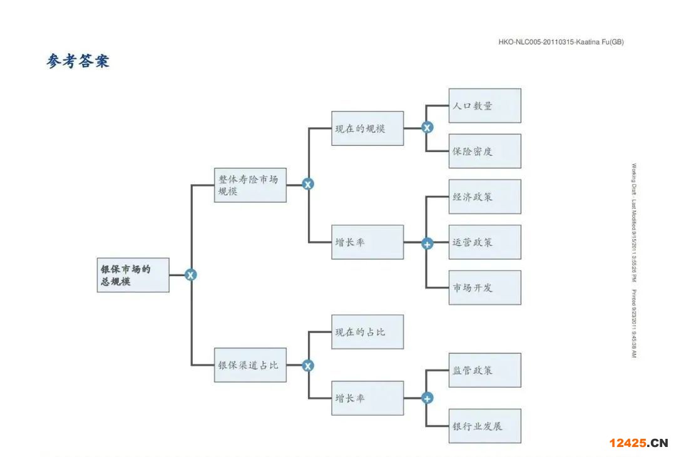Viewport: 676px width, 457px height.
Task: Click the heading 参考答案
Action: [x=78, y=61]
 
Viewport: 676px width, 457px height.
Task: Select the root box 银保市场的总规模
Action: [x=133, y=275]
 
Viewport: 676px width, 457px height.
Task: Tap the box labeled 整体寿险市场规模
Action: [x=250, y=185]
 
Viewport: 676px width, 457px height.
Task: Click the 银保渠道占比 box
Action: [x=250, y=365]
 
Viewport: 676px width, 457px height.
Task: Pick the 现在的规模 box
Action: [x=367, y=128]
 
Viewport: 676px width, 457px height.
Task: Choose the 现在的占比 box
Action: [x=367, y=332]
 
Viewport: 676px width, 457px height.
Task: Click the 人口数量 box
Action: [x=484, y=106]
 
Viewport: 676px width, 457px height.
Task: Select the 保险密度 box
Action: [x=484, y=151]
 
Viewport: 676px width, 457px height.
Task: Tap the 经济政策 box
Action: [x=484, y=197]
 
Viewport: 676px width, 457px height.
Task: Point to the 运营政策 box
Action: [x=484, y=242]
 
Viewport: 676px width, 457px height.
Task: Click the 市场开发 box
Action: [x=484, y=287]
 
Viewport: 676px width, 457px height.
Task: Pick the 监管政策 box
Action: [x=484, y=370]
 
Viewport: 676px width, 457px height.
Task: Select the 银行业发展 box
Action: [x=484, y=426]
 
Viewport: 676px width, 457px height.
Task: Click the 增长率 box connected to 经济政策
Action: [x=367, y=242]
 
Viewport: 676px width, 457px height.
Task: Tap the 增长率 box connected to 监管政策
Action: [x=367, y=398]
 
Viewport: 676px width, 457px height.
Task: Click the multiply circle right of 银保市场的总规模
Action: [x=191, y=275]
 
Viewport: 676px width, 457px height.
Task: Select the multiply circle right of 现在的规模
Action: [x=427, y=128]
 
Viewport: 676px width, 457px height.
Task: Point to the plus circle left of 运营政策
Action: [x=427, y=244]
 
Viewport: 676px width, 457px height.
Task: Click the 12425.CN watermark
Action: [x=638, y=443]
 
